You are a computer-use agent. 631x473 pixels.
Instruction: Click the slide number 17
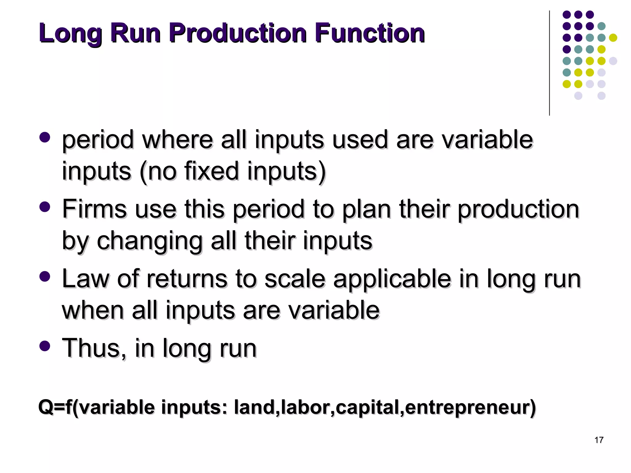click(x=599, y=440)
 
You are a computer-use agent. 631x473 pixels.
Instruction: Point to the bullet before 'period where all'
click(x=45, y=137)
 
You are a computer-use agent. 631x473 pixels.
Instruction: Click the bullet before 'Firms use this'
click(x=45, y=207)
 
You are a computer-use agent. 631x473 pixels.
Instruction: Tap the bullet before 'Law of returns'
click(x=45, y=276)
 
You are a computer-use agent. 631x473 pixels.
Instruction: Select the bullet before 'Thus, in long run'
click(x=45, y=346)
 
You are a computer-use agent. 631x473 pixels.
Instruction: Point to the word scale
click(x=295, y=279)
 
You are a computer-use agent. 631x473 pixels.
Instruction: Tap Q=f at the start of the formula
click(x=55, y=407)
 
